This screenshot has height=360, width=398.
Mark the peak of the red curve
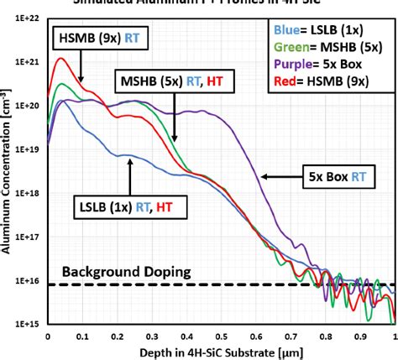(60, 59)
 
